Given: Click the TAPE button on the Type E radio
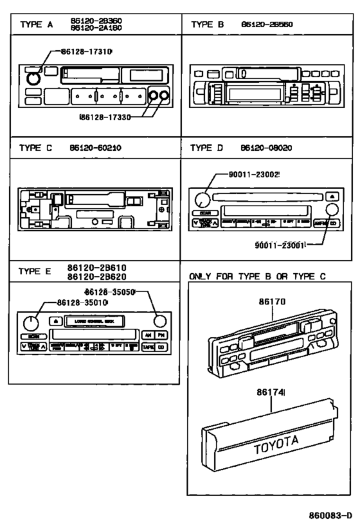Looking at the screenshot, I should coord(148,347).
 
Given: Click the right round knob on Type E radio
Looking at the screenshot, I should coord(159,320).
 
